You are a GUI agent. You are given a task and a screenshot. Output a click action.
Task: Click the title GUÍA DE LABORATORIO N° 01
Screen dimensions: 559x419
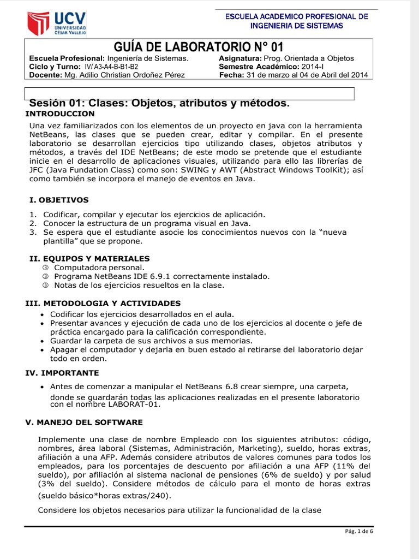click(198, 47)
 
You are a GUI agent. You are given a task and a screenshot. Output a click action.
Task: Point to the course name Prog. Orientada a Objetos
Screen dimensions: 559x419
click(308, 58)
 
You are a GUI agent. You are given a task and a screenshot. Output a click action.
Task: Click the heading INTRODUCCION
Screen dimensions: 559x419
click(60, 114)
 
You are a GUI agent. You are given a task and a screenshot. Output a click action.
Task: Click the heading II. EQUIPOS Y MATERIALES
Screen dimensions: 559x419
click(89, 258)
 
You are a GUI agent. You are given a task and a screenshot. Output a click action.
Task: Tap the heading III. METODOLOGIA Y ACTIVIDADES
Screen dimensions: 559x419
click(103, 303)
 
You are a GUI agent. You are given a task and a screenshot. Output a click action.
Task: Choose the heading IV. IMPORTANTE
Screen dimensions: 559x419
click(63, 373)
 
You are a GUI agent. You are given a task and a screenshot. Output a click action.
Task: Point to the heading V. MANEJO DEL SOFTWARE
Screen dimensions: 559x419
click(85, 422)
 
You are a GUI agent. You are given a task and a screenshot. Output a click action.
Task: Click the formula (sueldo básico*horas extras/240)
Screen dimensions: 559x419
click(104, 496)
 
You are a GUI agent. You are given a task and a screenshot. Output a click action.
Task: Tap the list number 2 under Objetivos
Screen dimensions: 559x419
click(32, 223)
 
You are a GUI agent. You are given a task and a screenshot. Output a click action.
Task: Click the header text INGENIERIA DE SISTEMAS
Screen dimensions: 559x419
click(297, 26)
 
